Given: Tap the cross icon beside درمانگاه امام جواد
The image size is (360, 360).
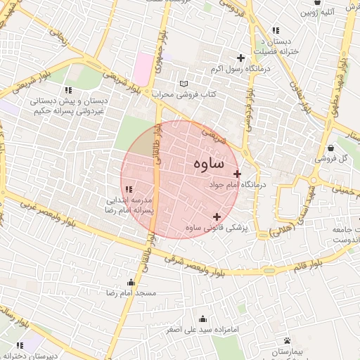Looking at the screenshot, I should tap(237, 174).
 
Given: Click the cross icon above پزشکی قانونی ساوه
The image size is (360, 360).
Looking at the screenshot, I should tap(216, 217).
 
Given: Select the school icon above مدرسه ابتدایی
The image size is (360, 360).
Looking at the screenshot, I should tap(127, 188).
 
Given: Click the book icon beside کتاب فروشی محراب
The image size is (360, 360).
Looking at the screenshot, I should tap(184, 83).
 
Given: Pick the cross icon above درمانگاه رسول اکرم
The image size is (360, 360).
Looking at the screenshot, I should tap(240, 58).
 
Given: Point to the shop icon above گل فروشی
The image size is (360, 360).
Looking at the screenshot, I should tap(331, 148).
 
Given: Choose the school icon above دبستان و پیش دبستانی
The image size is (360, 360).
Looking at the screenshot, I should tap(68, 90).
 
